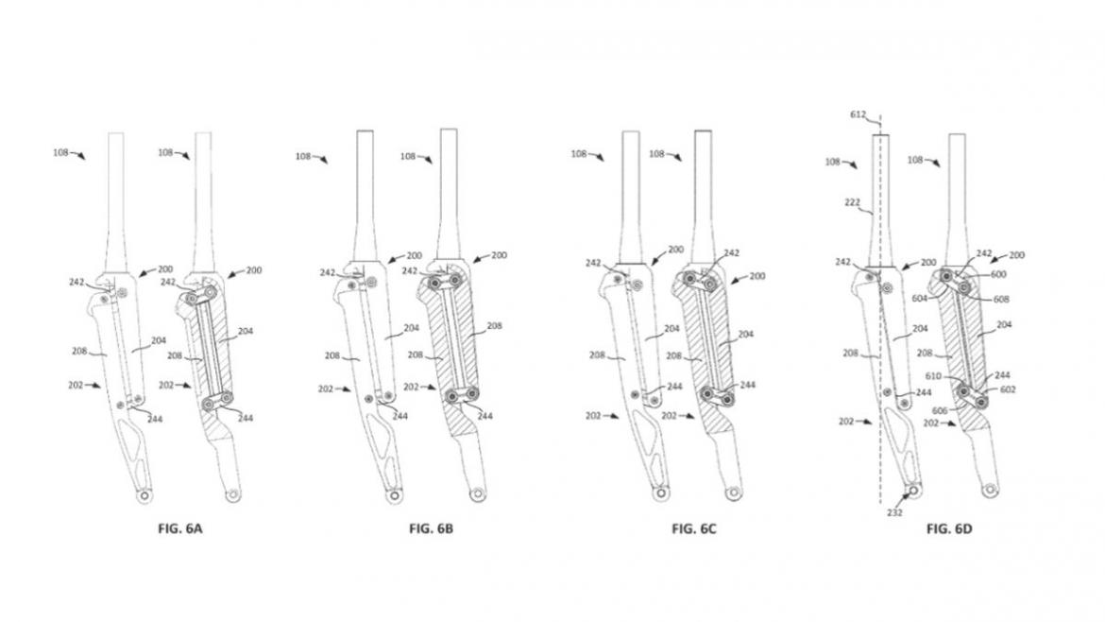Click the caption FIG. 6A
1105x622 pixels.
179,528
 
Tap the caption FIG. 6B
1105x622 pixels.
431,528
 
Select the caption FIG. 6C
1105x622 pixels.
693,528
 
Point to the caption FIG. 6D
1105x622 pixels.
948,528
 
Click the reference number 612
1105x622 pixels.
858,114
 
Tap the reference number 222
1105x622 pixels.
852,202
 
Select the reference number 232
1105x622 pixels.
894,512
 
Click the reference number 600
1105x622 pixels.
998,274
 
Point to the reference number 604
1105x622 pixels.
920,299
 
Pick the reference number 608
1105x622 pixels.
1001,299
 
